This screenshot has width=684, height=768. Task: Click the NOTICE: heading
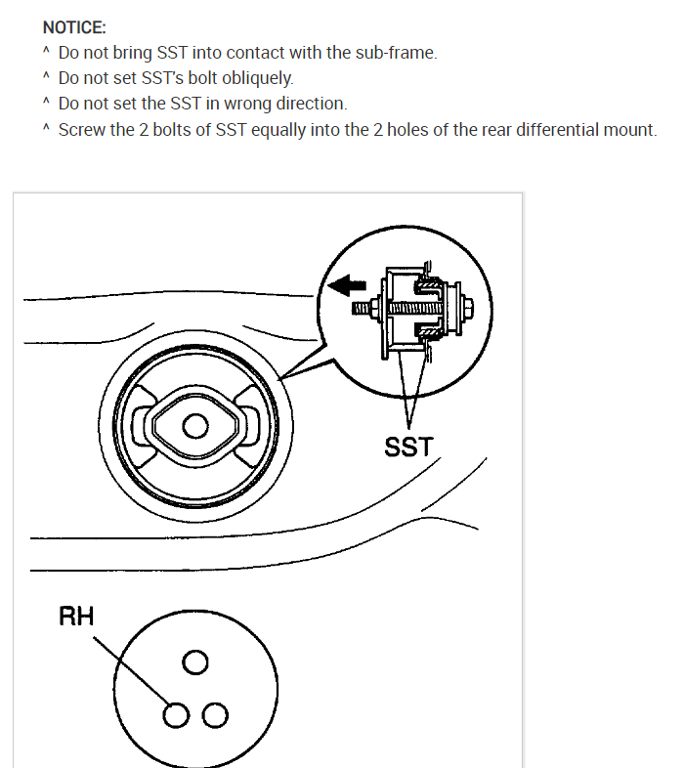point(74,27)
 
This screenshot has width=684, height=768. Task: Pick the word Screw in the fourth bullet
point(81,130)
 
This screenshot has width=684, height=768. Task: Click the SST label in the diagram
point(408,449)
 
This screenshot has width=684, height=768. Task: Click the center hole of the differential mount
point(195,426)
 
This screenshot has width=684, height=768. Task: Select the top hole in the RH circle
point(195,663)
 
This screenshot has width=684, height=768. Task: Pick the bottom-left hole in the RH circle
point(175,715)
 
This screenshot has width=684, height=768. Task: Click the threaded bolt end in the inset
point(365,307)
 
